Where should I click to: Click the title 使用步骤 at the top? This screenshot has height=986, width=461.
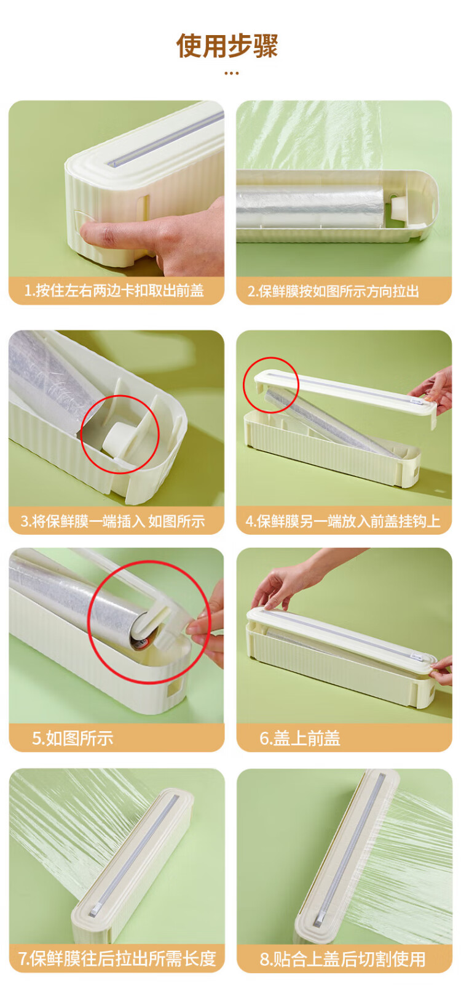(227, 46)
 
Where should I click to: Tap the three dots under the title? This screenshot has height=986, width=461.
(231, 73)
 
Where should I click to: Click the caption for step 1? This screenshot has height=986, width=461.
(114, 291)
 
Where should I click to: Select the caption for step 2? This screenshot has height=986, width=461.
(333, 291)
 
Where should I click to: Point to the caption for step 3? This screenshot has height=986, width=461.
(113, 521)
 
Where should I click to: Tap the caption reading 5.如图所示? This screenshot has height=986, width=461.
(73, 738)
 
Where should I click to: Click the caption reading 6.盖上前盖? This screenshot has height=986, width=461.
(300, 738)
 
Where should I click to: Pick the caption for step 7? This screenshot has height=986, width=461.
(117, 958)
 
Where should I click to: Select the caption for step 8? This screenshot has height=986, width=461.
(342, 959)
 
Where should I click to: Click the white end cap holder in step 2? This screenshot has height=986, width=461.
(401, 207)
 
